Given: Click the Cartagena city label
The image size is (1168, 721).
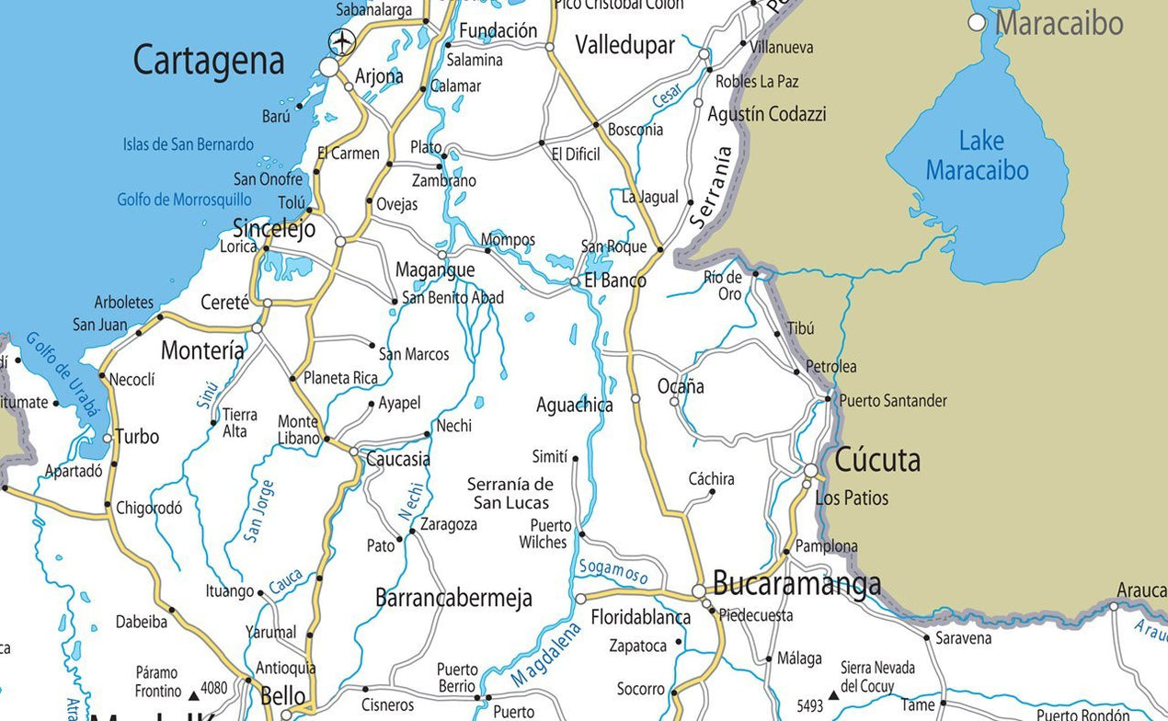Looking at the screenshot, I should point(209,62).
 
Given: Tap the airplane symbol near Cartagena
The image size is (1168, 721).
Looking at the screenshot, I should point(343,41).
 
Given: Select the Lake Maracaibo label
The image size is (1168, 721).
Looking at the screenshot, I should point(978,155).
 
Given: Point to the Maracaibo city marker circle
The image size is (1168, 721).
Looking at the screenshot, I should point(977,22).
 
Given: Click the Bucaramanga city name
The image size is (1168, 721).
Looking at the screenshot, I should point(796,583).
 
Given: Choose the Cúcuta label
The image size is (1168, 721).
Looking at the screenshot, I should point(876,459).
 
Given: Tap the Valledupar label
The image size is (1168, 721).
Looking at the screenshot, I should point(625,45).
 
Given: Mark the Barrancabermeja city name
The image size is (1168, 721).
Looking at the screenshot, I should point(453,599).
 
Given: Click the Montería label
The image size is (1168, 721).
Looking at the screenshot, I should point(202,350).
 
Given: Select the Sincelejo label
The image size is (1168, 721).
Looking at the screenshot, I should point(274,228).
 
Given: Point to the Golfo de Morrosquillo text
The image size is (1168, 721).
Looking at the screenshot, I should point(184,200).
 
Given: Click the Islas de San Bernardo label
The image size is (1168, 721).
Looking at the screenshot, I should point(188,144).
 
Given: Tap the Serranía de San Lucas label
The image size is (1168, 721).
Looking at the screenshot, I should point(510,493).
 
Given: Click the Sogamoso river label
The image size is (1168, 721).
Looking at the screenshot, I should point(613,571).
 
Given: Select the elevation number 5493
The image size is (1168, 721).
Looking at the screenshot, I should point(809,706).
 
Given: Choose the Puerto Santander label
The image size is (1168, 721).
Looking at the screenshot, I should point(892,401).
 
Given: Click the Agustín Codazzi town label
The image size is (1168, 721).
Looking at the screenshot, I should point(766,114).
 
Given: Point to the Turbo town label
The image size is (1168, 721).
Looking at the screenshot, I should point(137,437).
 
